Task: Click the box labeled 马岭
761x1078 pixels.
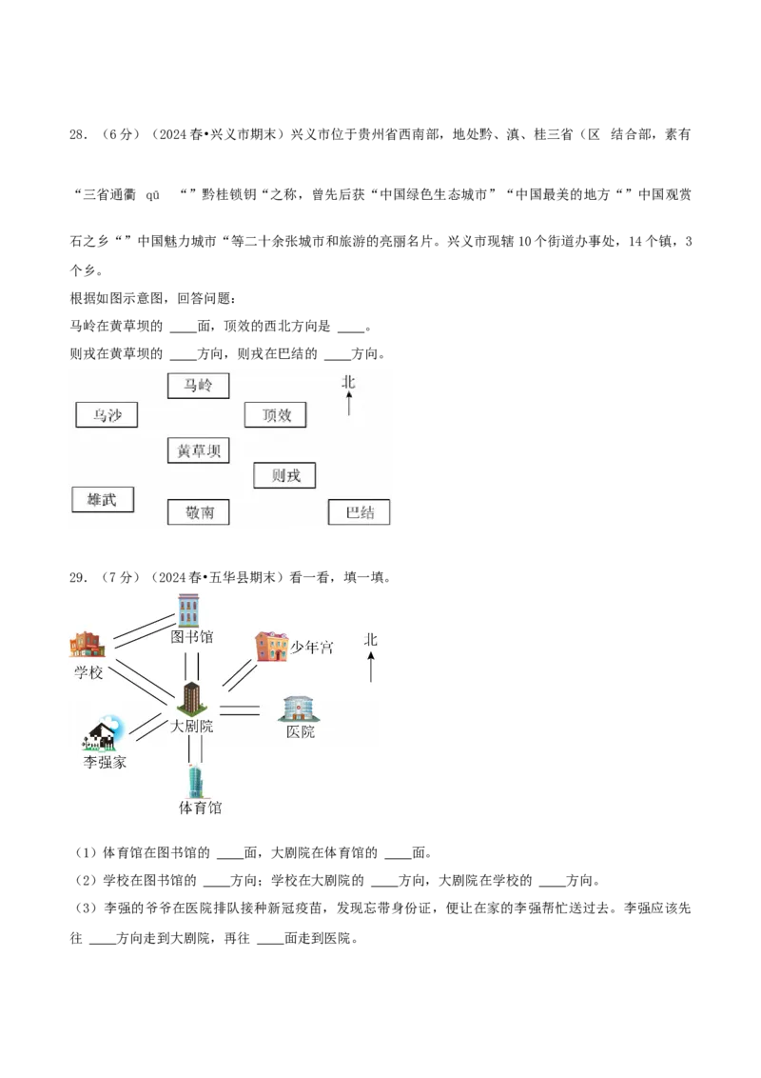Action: click(x=198, y=386)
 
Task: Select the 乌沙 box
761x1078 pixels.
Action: click(x=107, y=415)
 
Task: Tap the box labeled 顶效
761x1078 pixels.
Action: click(x=276, y=415)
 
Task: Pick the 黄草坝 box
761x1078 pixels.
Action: click(x=198, y=450)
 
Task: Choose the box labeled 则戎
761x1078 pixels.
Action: click(x=284, y=475)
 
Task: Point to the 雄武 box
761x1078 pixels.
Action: click(x=103, y=499)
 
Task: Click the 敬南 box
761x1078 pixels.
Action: click(x=198, y=512)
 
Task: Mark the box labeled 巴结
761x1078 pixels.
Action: click(x=359, y=512)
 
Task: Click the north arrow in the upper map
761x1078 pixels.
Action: click(x=349, y=404)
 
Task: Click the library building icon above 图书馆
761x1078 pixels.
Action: click(x=190, y=609)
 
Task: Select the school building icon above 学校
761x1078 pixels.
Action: click(x=86, y=645)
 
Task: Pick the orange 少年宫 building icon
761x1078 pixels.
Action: click(x=270, y=646)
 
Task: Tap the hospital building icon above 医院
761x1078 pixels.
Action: click(x=299, y=709)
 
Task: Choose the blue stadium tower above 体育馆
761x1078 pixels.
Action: click(x=195, y=781)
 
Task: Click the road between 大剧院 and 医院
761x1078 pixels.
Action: click(x=239, y=709)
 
